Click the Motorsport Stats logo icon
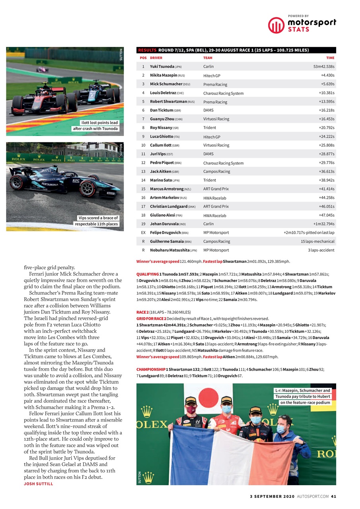coord(276,25)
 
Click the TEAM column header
coord(208,58)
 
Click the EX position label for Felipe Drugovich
coord(143,233)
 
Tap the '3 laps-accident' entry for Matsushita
coord(321,250)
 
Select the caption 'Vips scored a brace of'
coord(98,218)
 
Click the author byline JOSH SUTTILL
coord(38,484)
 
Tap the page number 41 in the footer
coord(333,496)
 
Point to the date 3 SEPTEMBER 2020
coord(272,496)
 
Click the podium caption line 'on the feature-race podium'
coord(305,402)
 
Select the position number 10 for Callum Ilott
coord(143,145)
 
